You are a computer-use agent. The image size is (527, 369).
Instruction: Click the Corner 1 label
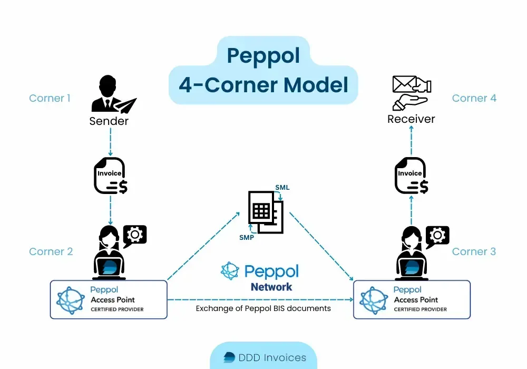(x=50, y=98)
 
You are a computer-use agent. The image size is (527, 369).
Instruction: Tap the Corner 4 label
(x=474, y=98)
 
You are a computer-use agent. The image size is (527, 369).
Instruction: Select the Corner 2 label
(x=51, y=251)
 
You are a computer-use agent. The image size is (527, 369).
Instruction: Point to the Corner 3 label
(x=474, y=251)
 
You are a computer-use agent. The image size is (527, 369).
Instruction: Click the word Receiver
(x=411, y=119)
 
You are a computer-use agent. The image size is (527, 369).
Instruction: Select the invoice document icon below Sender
(x=110, y=176)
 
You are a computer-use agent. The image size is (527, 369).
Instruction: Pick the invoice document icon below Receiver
(x=411, y=176)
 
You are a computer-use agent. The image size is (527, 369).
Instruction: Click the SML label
(x=282, y=187)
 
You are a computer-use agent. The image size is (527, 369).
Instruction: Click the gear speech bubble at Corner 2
(x=135, y=235)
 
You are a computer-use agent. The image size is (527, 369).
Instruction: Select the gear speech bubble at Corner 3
(x=437, y=236)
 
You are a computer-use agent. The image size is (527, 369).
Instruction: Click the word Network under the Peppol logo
(x=271, y=287)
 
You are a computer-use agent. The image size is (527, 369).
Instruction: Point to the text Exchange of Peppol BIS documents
(x=263, y=308)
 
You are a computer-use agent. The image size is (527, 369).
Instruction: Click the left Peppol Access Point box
(x=109, y=299)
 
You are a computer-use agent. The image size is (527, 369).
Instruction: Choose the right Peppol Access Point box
(x=412, y=299)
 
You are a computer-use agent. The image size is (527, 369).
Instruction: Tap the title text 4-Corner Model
(x=263, y=84)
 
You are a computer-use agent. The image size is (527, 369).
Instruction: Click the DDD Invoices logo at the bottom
(x=263, y=357)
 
